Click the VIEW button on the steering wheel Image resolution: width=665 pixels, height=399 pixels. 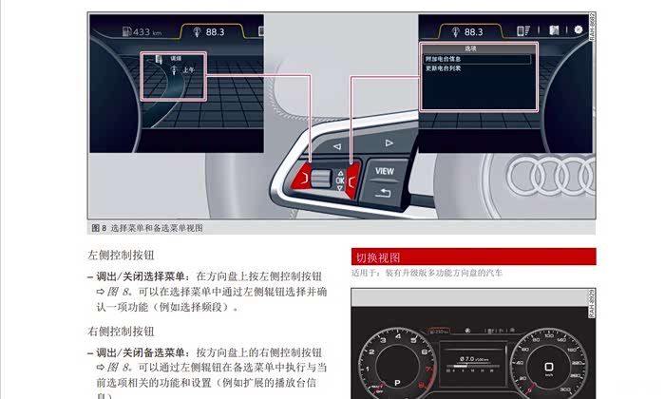385,171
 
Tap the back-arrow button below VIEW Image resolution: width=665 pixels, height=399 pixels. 383,194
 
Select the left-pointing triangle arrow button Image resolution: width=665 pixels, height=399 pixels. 336,145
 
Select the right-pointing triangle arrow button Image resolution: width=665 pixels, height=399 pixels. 389,142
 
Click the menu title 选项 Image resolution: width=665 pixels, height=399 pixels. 471,47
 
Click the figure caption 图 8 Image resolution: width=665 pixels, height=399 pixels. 98,228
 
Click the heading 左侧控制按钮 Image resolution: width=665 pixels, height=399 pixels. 121,256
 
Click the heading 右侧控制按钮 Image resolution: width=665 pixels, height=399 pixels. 121,332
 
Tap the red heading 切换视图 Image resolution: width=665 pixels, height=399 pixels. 377,256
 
